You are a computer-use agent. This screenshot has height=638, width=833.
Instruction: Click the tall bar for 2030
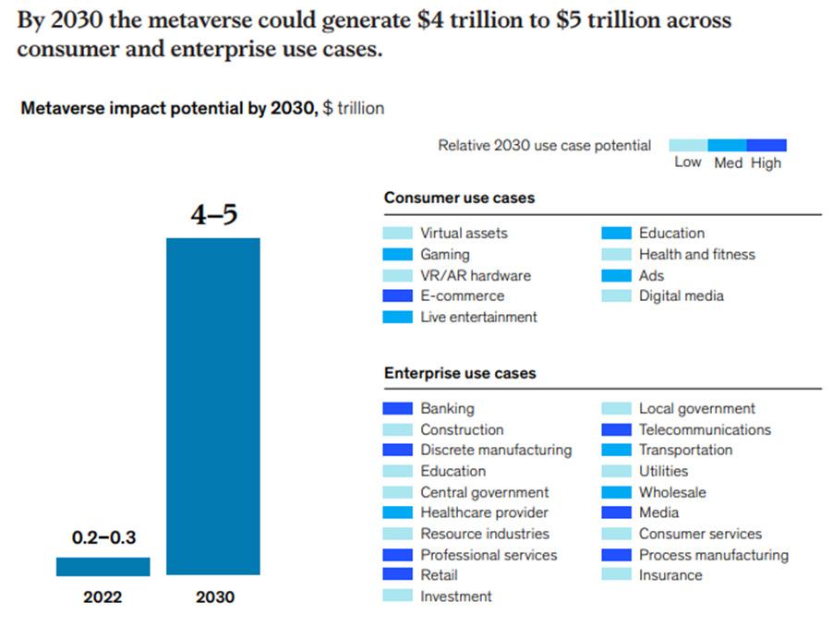pos(213,406)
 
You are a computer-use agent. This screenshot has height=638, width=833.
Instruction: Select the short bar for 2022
pos(103,566)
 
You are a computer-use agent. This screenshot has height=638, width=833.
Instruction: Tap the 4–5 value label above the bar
pos(213,215)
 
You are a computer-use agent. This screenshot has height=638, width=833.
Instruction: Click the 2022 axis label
pos(103,597)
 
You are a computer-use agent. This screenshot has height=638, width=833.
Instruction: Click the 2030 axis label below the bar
pos(214,597)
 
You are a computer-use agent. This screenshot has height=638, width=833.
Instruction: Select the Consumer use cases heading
pos(459,198)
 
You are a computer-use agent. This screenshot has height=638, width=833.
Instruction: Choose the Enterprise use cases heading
pos(460,373)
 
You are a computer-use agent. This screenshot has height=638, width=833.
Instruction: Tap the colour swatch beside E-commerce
pos(397,296)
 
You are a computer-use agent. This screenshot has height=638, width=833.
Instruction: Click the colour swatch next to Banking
pos(397,408)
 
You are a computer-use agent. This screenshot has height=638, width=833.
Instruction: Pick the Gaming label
pos(445,254)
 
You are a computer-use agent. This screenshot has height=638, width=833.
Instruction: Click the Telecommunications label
pos(705,429)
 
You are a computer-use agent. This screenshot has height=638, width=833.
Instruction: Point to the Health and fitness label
pos(696,254)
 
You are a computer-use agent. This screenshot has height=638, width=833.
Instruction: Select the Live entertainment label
pos(478,317)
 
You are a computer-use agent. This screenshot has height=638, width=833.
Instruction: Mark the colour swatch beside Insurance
pos(616,575)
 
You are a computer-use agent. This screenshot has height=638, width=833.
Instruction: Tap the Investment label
pos(456,596)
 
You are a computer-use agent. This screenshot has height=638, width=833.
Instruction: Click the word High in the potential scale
pos(766,163)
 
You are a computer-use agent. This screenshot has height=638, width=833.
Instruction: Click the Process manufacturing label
pos(713,555)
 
